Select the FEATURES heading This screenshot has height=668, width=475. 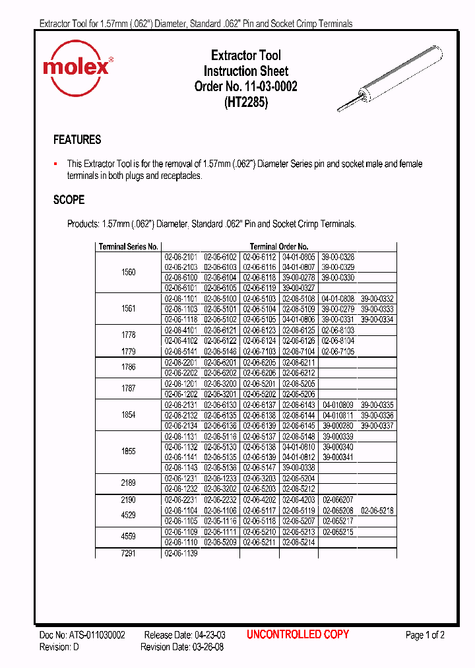(x=77, y=140)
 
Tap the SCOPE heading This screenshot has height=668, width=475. (x=69, y=199)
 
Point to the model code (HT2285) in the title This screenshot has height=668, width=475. (x=245, y=102)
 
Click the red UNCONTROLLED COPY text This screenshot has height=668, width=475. (x=298, y=634)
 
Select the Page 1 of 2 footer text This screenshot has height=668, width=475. (x=425, y=635)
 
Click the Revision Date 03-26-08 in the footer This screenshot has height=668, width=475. (x=183, y=647)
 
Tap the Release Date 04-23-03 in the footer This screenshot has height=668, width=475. (x=185, y=635)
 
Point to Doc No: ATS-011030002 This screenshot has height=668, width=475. (x=82, y=635)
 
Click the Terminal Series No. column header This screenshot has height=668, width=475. (x=128, y=246)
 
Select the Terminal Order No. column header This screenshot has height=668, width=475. (x=279, y=246)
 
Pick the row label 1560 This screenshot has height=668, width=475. (x=128, y=272)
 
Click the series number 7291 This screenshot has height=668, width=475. (x=128, y=554)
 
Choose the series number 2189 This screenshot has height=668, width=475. (x=128, y=483)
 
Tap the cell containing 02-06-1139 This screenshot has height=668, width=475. (x=181, y=554)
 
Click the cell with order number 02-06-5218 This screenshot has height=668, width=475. (x=377, y=510)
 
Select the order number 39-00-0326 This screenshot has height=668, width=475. (x=338, y=257)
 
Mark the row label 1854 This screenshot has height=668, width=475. (x=128, y=415)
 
